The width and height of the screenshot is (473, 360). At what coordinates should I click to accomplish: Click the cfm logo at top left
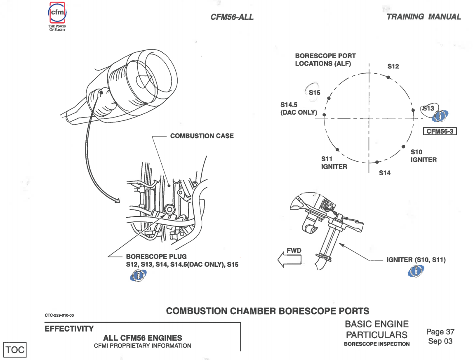click(x=57, y=14)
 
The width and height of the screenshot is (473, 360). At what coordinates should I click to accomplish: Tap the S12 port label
click(x=393, y=66)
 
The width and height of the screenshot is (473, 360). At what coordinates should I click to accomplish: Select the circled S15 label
click(x=314, y=93)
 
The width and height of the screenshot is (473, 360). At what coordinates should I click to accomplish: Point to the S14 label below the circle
click(x=384, y=173)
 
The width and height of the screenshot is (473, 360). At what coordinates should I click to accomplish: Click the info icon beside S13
click(x=440, y=116)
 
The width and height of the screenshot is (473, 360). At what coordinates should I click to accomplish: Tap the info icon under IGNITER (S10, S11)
click(x=417, y=271)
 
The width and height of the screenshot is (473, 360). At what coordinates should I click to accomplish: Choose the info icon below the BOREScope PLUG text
click(x=139, y=275)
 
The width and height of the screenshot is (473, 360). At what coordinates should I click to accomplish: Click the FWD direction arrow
click(x=290, y=258)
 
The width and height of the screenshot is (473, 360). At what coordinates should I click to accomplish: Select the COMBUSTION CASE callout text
click(x=202, y=136)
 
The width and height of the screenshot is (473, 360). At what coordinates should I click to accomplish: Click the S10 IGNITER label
click(x=423, y=156)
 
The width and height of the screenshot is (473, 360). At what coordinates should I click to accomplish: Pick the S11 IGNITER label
click(x=334, y=162)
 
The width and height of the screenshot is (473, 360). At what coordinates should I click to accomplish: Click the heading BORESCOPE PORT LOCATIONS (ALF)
click(x=325, y=60)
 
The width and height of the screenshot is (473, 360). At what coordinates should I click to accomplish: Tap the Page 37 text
click(x=440, y=332)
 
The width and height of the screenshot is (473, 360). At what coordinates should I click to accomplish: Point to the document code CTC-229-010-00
click(x=59, y=316)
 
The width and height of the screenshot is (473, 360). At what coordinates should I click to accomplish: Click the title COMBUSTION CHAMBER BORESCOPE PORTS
click(x=268, y=311)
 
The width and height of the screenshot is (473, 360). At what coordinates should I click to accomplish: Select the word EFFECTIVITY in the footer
click(x=69, y=329)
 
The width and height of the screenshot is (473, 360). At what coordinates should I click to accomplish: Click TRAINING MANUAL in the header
click(x=424, y=17)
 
